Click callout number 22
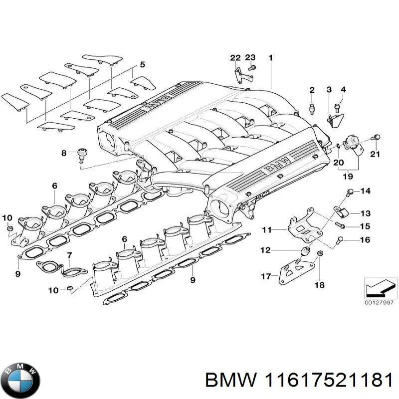pos(235,58)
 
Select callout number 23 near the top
pos(250,58)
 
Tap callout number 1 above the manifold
pos(271,58)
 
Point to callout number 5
pos(142,64)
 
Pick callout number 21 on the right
pos(376,153)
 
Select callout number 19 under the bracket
pos(348,176)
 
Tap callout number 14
pos(366,191)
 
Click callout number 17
pos(265,275)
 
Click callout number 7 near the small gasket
pos(70,256)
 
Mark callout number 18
pos(319,285)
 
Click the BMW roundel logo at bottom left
pos(20,378)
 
